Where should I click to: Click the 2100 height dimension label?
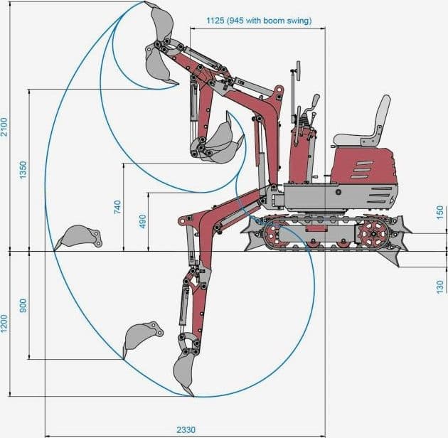point(5,127)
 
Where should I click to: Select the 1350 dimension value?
point(23,170)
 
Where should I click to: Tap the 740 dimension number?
point(117,207)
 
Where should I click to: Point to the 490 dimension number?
point(142,221)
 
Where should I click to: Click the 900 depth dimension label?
point(23,306)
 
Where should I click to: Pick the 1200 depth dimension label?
point(5,324)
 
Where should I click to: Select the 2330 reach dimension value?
point(186,429)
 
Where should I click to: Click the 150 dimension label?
point(440,213)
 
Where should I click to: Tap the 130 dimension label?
point(440,287)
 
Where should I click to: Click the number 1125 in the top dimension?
point(215,21)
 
